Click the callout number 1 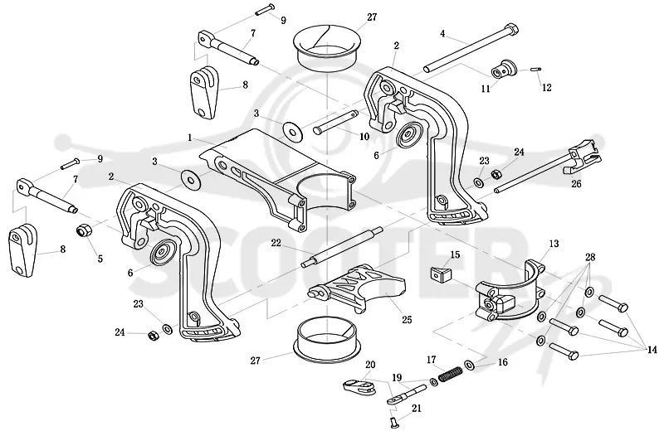pos(190,138)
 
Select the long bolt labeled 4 pos(471,49)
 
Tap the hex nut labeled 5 pos(82,230)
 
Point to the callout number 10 pos(364,137)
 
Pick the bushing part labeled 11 pos(504,69)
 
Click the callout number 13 pos(554,244)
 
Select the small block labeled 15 pos(441,274)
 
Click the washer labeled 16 pos(469,364)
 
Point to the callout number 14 pos(652,350)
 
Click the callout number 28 pos(590,257)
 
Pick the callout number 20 pos(370,365)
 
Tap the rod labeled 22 pos(342,248)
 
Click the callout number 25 pos(407,320)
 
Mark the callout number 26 pos(576,183)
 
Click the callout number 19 pos(397,377)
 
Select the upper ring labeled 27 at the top pos(328,46)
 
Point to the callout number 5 pos(100,259)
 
